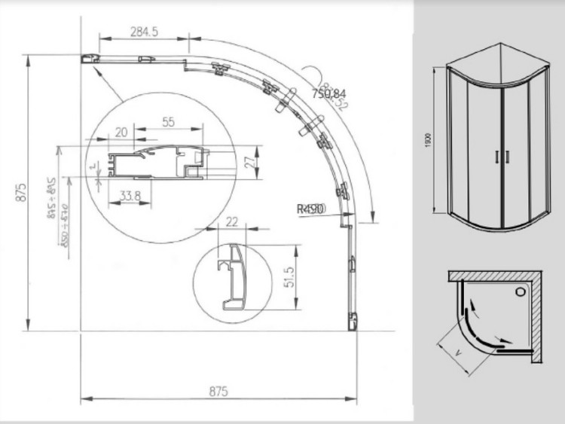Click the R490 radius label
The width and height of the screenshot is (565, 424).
point(311,208)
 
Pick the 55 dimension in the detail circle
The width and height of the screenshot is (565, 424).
point(169,122)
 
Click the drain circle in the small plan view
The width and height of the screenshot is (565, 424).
point(521,291)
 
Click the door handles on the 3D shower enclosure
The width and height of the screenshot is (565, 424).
point(502,155)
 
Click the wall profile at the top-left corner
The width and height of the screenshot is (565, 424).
point(90,59)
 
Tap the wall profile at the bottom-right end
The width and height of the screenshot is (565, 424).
point(351,322)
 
